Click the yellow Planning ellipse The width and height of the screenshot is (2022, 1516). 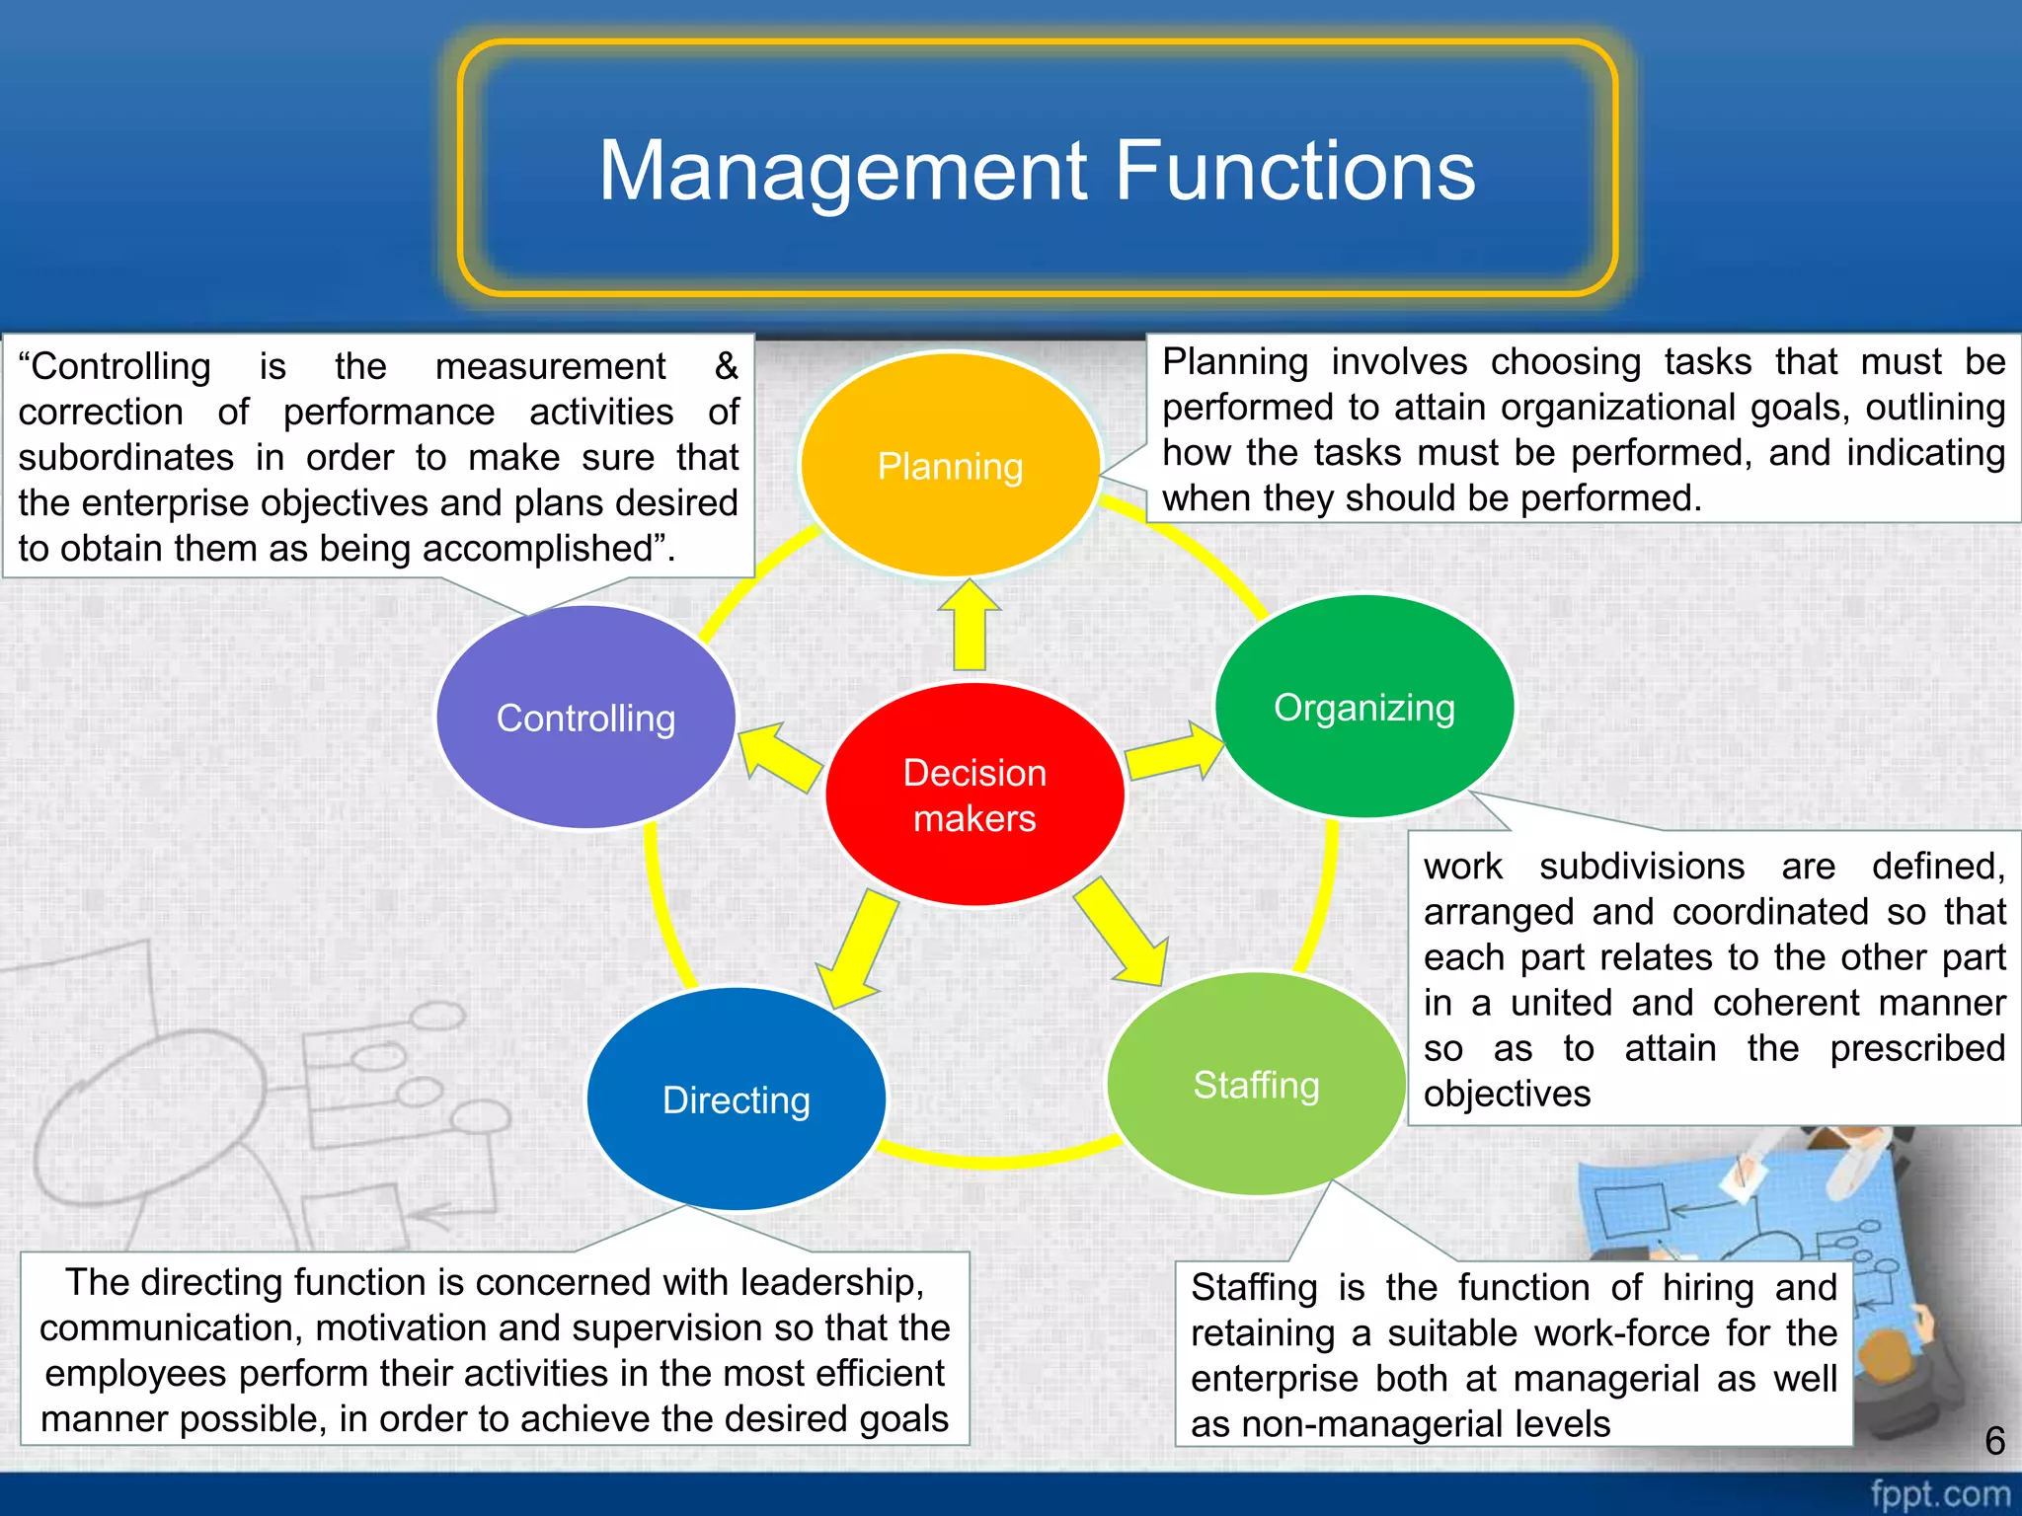click(950, 465)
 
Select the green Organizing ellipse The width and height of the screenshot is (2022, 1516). click(1364, 707)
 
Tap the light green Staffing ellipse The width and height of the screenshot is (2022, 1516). click(1256, 1084)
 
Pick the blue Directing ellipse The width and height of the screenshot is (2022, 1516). click(737, 1099)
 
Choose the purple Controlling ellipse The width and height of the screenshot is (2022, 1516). click(585, 718)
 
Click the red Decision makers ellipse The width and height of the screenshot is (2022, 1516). click(974, 795)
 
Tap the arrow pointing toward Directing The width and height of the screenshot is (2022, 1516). click(858, 947)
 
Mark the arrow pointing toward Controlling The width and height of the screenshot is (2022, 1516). click(780, 757)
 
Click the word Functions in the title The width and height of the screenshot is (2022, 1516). click(1294, 171)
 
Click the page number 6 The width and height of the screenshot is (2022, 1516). click(1994, 1441)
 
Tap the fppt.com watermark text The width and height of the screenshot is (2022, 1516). click(1939, 1493)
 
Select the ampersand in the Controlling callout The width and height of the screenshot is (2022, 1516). click(727, 366)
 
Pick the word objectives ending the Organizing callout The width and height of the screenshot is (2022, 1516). click(1507, 1094)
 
